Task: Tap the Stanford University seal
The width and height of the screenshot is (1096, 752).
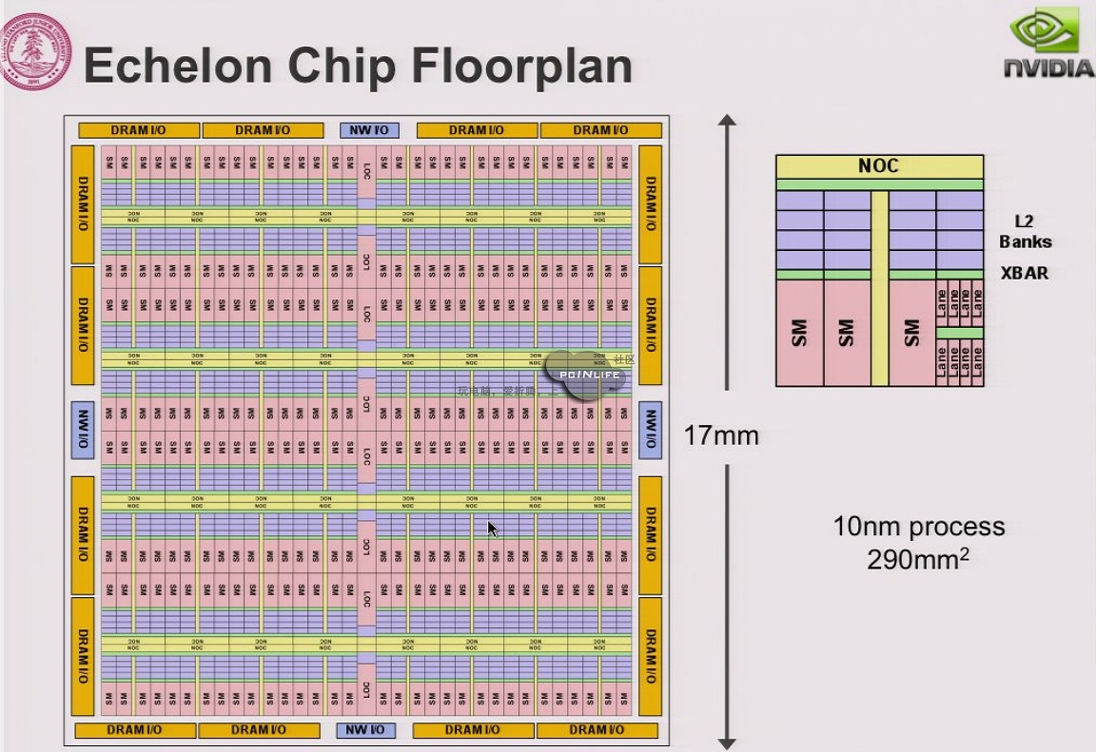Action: tap(36, 50)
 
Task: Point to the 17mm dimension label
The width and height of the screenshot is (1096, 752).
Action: tap(722, 436)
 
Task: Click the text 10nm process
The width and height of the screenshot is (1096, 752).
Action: tap(918, 527)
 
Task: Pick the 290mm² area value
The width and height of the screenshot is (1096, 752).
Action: tap(918, 558)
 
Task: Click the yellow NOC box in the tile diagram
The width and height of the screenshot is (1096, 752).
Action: tap(878, 166)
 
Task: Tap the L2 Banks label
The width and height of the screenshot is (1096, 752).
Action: tap(1024, 232)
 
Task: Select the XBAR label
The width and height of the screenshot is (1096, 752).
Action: tap(1024, 273)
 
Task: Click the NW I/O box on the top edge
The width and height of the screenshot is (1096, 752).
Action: tap(369, 130)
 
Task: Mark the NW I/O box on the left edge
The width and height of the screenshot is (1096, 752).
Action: tap(83, 430)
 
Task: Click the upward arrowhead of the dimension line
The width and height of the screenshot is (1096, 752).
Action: tap(728, 122)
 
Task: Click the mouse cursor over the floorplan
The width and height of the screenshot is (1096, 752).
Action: tap(492, 529)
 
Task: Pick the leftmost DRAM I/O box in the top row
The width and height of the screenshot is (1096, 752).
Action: tap(139, 130)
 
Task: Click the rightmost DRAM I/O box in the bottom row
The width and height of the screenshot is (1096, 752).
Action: tap(597, 730)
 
